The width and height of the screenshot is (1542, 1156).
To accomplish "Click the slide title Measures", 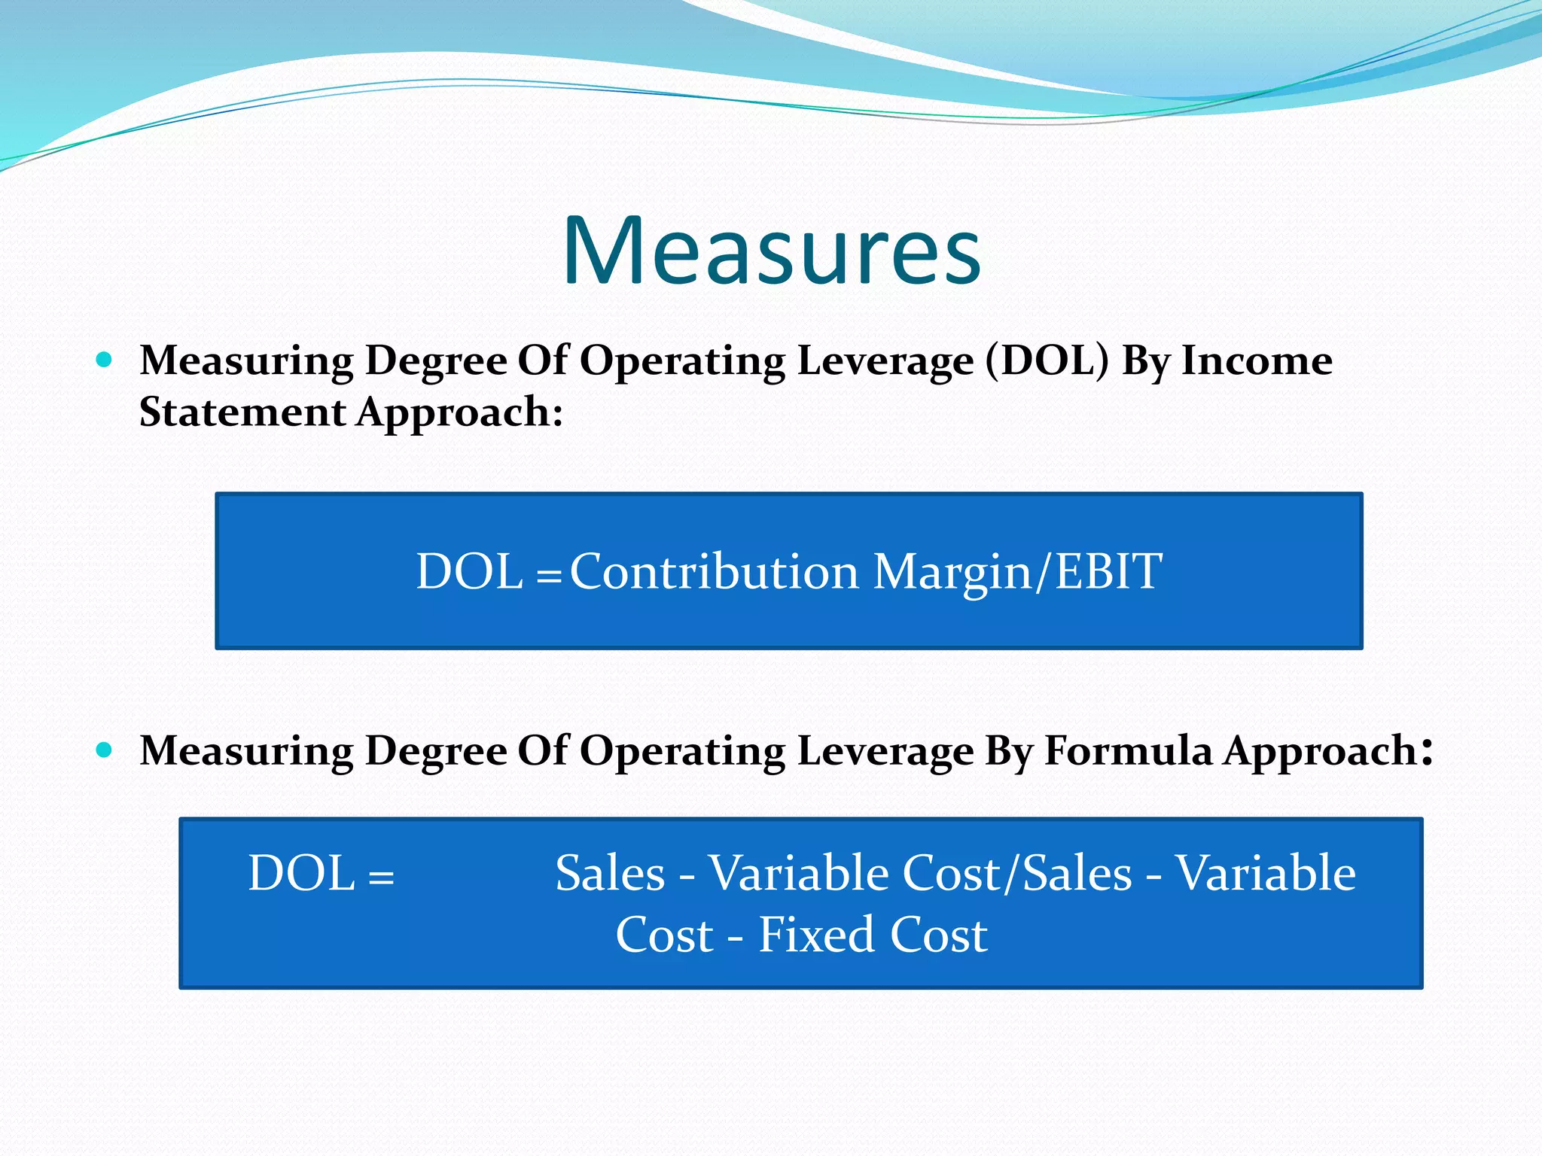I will [771, 251].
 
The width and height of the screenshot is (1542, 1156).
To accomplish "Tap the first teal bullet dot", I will [105, 360].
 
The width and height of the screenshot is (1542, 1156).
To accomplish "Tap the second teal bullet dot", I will [105, 750].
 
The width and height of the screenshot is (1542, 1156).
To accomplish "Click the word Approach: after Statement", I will [459, 413].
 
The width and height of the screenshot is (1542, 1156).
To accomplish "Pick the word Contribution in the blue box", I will [714, 571].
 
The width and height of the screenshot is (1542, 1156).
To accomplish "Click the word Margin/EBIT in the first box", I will [1018, 573].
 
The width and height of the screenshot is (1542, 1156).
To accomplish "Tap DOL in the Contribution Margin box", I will [469, 571].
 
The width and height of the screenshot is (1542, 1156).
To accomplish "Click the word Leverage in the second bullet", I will [885, 752].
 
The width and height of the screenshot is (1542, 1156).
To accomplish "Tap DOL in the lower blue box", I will [301, 873].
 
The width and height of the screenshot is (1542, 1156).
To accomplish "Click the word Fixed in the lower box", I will [815, 935].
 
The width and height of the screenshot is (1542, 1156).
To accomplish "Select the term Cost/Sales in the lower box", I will [1017, 873].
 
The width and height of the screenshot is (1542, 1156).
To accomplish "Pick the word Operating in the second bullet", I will [682, 752].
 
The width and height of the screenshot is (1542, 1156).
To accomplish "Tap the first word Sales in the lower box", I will [610, 873].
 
